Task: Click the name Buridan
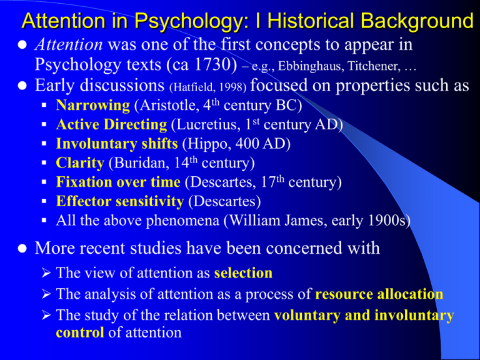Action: coord(134,163)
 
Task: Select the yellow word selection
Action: coord(244,274)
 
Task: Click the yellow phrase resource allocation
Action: coord(380,294)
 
